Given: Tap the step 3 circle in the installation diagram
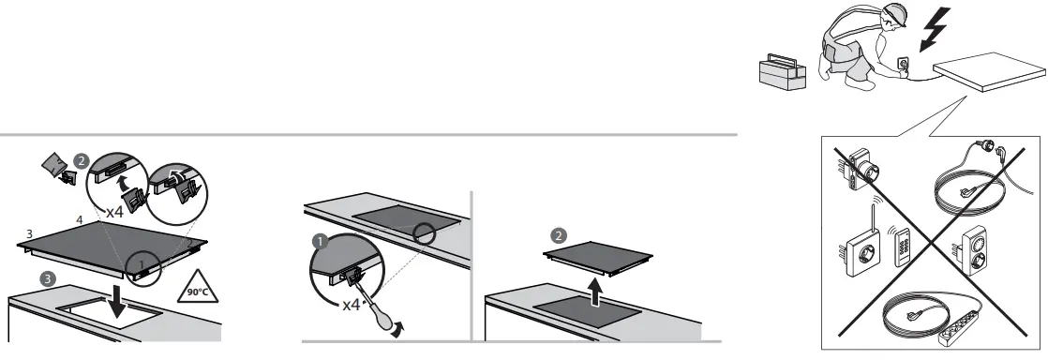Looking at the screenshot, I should coord(47,278).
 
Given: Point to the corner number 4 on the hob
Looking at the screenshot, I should coord(80,219).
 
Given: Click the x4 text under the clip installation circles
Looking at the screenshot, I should coord(114,213).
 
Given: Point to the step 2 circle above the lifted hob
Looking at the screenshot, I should coord(560,233).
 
